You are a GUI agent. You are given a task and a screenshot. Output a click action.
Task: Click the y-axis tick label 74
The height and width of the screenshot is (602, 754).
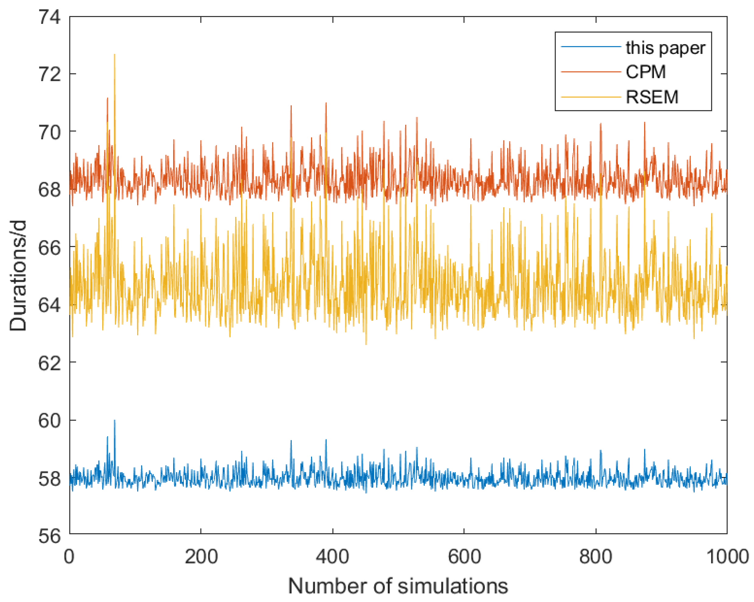pos(49,17)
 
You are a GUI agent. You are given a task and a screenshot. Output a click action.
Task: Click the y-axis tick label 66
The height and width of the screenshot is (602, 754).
pos(49,248)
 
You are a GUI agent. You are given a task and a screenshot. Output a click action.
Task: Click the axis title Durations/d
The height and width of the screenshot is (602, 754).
pos(18,276)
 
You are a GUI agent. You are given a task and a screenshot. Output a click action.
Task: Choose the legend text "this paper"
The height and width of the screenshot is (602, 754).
pos(665,48)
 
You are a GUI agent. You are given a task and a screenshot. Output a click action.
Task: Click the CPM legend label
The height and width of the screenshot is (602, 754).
pos(646,72)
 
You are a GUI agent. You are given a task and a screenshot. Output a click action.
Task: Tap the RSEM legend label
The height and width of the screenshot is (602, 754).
pos(652,97)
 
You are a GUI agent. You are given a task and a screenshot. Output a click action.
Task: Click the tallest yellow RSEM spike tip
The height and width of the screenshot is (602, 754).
pos(114,55)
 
